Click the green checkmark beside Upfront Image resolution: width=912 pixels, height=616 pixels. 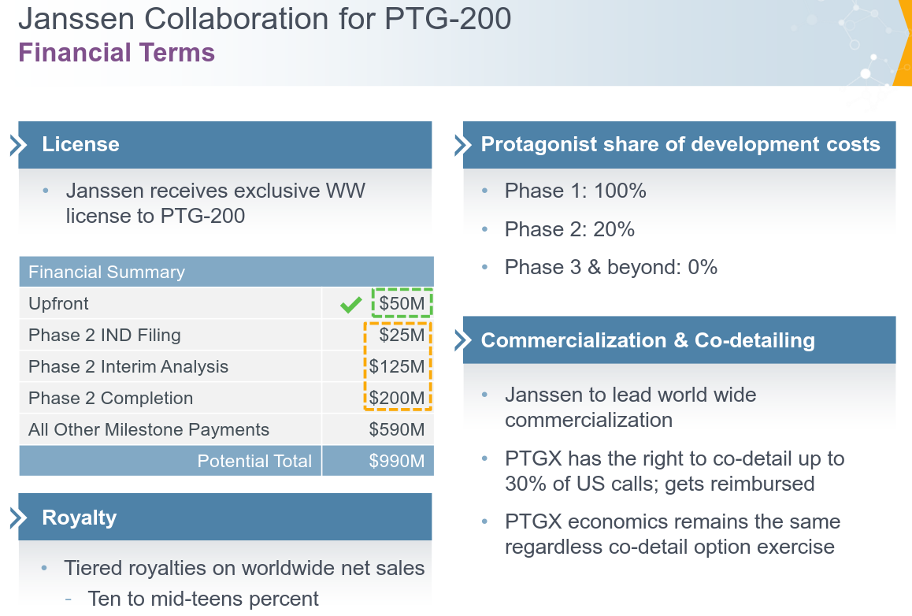[x=350, y=305]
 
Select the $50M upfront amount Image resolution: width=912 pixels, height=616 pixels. [x=401, y=303]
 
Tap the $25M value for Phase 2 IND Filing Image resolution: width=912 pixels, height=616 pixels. [x=401, y=335]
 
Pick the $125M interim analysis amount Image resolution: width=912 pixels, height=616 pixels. [x=397, y=366]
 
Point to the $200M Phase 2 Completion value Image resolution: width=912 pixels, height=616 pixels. [x=397, y=398]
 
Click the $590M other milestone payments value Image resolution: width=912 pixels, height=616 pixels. [x=397, y=429]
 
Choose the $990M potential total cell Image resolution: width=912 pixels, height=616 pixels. [x=397, y=461]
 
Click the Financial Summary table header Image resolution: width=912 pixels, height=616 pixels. [x=106, y=272]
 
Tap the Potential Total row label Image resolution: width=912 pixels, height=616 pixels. [x=254, y=461]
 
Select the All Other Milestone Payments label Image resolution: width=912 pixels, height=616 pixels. [x=149, y=429]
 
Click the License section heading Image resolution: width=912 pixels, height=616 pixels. [x=80, y=144]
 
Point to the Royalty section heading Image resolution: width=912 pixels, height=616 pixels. [x=79, y=518]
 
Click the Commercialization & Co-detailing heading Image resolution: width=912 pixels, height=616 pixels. [x=647, y=340]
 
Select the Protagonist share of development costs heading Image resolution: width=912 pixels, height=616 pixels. [x=680, y=144]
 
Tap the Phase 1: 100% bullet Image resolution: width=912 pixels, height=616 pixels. [x=575, y=191]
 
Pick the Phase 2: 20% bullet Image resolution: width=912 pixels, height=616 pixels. [x=569, y=229]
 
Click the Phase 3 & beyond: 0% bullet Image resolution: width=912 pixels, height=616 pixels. [x=610, y=267]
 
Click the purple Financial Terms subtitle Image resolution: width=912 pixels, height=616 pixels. [x=117, y=53]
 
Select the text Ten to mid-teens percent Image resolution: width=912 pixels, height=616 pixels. [x=203, y=599]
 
